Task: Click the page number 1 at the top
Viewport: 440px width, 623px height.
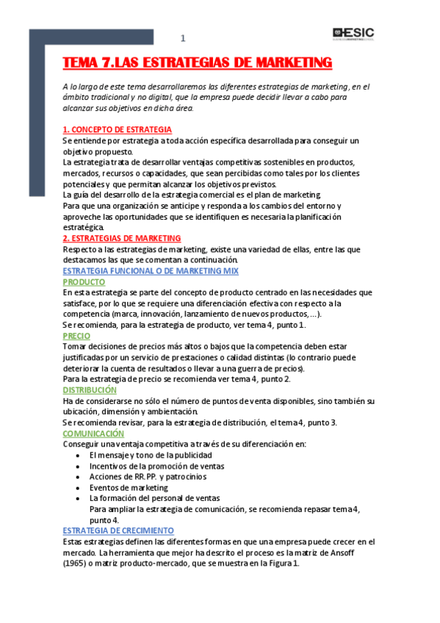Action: pos(183,38)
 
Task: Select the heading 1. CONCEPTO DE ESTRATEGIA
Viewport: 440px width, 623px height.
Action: pos(117,129)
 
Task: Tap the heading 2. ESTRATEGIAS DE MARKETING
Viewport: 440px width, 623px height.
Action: pos(121,238)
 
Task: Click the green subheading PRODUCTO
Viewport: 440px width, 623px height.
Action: pos(84,281)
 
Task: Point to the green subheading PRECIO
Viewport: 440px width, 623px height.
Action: pos(76,336)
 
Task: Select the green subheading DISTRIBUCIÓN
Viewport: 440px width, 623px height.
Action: pos(89,390)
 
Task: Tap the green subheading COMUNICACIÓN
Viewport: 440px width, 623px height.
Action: pos(93,433)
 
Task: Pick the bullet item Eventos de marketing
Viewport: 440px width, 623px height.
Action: pos(129,487)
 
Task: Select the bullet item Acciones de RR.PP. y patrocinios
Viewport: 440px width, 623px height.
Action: pos(147,476)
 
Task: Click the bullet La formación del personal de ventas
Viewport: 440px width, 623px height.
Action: pos(154,498)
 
